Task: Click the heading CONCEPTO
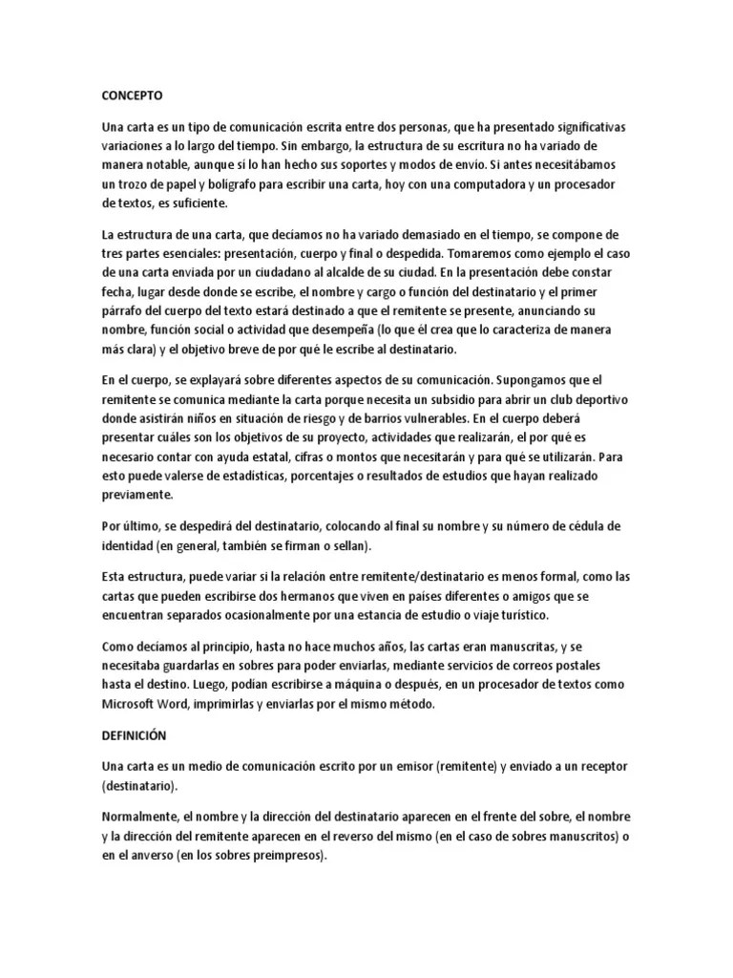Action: pos(132,96)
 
